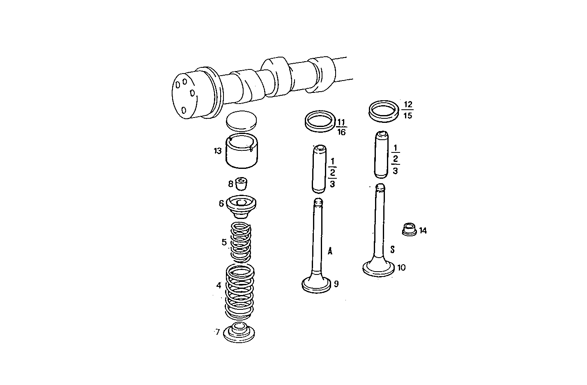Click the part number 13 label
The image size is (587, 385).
[x=217, y=151]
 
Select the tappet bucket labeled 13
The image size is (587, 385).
[x=242, y=152]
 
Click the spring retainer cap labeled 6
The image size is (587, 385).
[x=242, y=207]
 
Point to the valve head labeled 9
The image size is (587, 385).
[x=316, y=285]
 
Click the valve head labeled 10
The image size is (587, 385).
[x=379, y=268]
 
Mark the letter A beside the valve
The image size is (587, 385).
[x=330, y=251]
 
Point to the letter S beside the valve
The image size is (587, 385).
[x=392, y=249]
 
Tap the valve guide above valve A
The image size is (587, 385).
[x=319, y=168]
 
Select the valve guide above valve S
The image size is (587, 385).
[x=382, y=154]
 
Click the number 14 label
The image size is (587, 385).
[x=423, y=231]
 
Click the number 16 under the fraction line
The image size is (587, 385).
[x=341, y=132]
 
